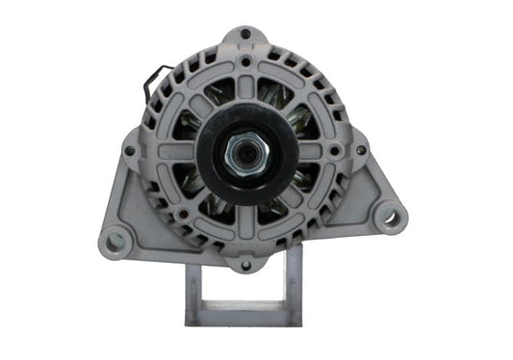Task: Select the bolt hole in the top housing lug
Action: point(247,36)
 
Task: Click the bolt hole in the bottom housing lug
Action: point(246,263)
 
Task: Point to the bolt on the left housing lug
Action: point(129,149)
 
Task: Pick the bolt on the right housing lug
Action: point(360,149)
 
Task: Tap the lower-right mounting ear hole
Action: point(390,218)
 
